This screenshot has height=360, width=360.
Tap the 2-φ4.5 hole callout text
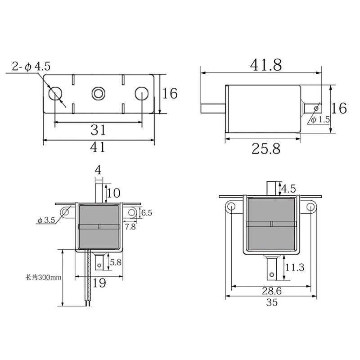point(31,67)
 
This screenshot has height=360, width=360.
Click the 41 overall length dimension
point(98,147)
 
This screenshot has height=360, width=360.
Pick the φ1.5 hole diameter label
point(320,120)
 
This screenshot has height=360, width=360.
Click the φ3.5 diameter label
point(46,220)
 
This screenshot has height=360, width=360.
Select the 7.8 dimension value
point(130,227)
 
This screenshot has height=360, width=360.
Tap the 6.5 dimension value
point(147,212)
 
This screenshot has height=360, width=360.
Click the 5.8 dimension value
point(116,261)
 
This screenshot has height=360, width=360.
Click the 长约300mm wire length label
point(43,277)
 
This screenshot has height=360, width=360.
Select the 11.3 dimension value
point(295,267)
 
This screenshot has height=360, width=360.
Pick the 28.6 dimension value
point(272,291)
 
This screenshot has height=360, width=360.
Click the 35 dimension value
point(272,302)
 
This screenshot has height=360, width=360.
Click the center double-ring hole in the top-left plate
point(98,94)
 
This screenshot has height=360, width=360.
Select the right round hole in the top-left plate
point(141,94)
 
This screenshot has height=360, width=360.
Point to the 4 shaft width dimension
point(98,170)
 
